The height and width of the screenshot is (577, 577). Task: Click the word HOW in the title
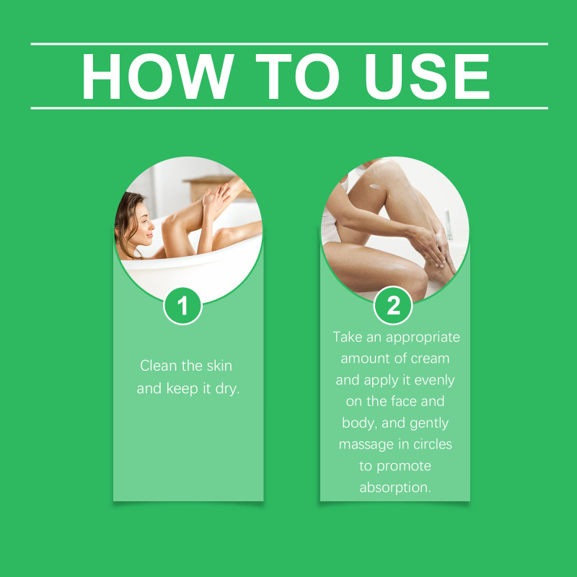[158, 76]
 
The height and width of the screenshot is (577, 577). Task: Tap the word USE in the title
[427, 76]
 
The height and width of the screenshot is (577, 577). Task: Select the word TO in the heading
[297, 76]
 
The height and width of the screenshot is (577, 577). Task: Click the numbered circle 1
[182, 306]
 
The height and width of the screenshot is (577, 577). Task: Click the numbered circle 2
[393, 305]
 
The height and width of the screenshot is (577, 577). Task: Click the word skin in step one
[219, 366]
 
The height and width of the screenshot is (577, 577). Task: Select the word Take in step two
[348, 337]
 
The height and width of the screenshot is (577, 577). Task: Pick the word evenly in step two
[435, 381]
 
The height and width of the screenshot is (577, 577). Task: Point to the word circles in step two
[432, 444]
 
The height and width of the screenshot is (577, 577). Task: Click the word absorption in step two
[395, 488]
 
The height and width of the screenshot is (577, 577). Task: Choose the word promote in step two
[404, 467]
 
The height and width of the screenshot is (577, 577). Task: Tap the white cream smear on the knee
[378, 188]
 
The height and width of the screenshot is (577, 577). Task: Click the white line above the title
[289, 44]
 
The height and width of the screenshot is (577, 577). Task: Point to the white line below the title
[289, 108]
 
